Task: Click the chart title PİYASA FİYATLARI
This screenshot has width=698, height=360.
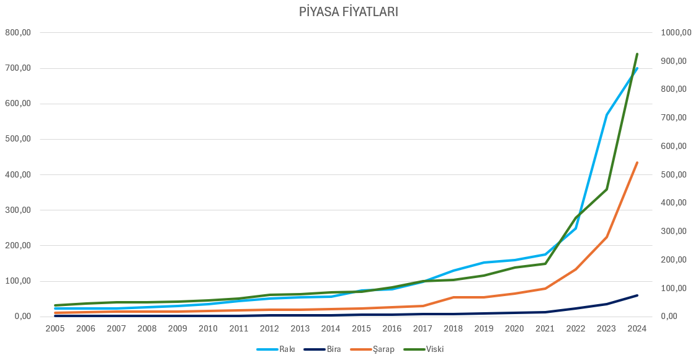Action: click(x=349, y=12)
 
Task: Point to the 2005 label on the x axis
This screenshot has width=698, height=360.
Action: click(x=55, y=328)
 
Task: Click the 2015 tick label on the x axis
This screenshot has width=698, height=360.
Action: click(x=361, y=328)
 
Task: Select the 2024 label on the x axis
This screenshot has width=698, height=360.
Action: click(x=637, y=328)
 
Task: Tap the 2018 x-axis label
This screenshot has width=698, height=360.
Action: click(x=453, y=328)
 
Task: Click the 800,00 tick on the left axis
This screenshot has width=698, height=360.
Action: click(x=18, y=32)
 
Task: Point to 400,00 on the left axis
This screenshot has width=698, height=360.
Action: click(x=18, y=174)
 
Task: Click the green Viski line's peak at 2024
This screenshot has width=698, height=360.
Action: click(x=637, y=54)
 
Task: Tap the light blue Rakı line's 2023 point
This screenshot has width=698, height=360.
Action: click(x=606, y=115)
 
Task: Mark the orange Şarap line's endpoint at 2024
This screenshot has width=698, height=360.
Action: click(x=637, y=163)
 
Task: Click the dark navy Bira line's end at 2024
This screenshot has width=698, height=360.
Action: click(x=637, y=295)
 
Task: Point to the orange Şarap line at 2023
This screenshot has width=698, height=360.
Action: click(x=606, y=237)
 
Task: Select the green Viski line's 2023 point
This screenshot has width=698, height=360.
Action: click(x=606, y=189)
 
